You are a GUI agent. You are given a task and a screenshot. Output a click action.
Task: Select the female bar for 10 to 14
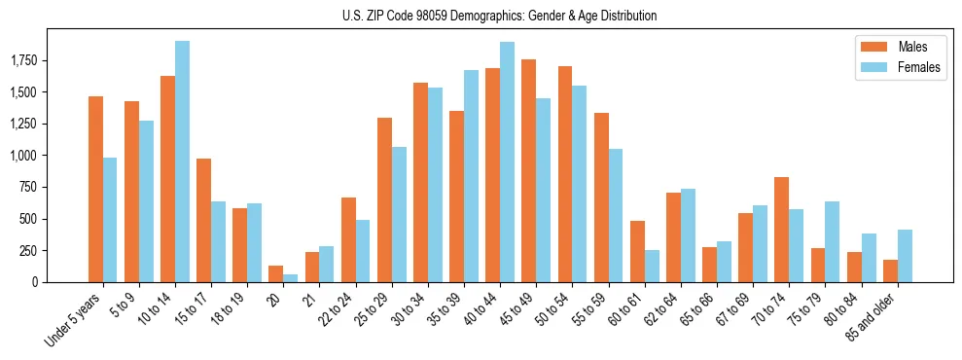(x=182, y=162)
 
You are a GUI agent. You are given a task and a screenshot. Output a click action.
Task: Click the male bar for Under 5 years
(x=95, y=189)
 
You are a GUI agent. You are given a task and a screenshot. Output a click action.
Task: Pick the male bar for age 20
(x=276, y=273)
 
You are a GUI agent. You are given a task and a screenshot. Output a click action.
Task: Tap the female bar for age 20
(x=291, y=278)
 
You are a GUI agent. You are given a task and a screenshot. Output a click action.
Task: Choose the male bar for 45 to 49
(x=529, y=170)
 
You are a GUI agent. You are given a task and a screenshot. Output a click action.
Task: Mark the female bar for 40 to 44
(x=507, y=162)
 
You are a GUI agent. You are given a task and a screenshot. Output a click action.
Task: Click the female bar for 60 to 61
(x=652, y=266)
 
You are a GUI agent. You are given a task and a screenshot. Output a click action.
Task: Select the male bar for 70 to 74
(x=781, y=230)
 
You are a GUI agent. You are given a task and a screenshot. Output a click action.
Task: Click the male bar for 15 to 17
(x=204, y=220)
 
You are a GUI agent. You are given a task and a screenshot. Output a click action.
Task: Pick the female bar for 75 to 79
(x=832, y=241)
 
